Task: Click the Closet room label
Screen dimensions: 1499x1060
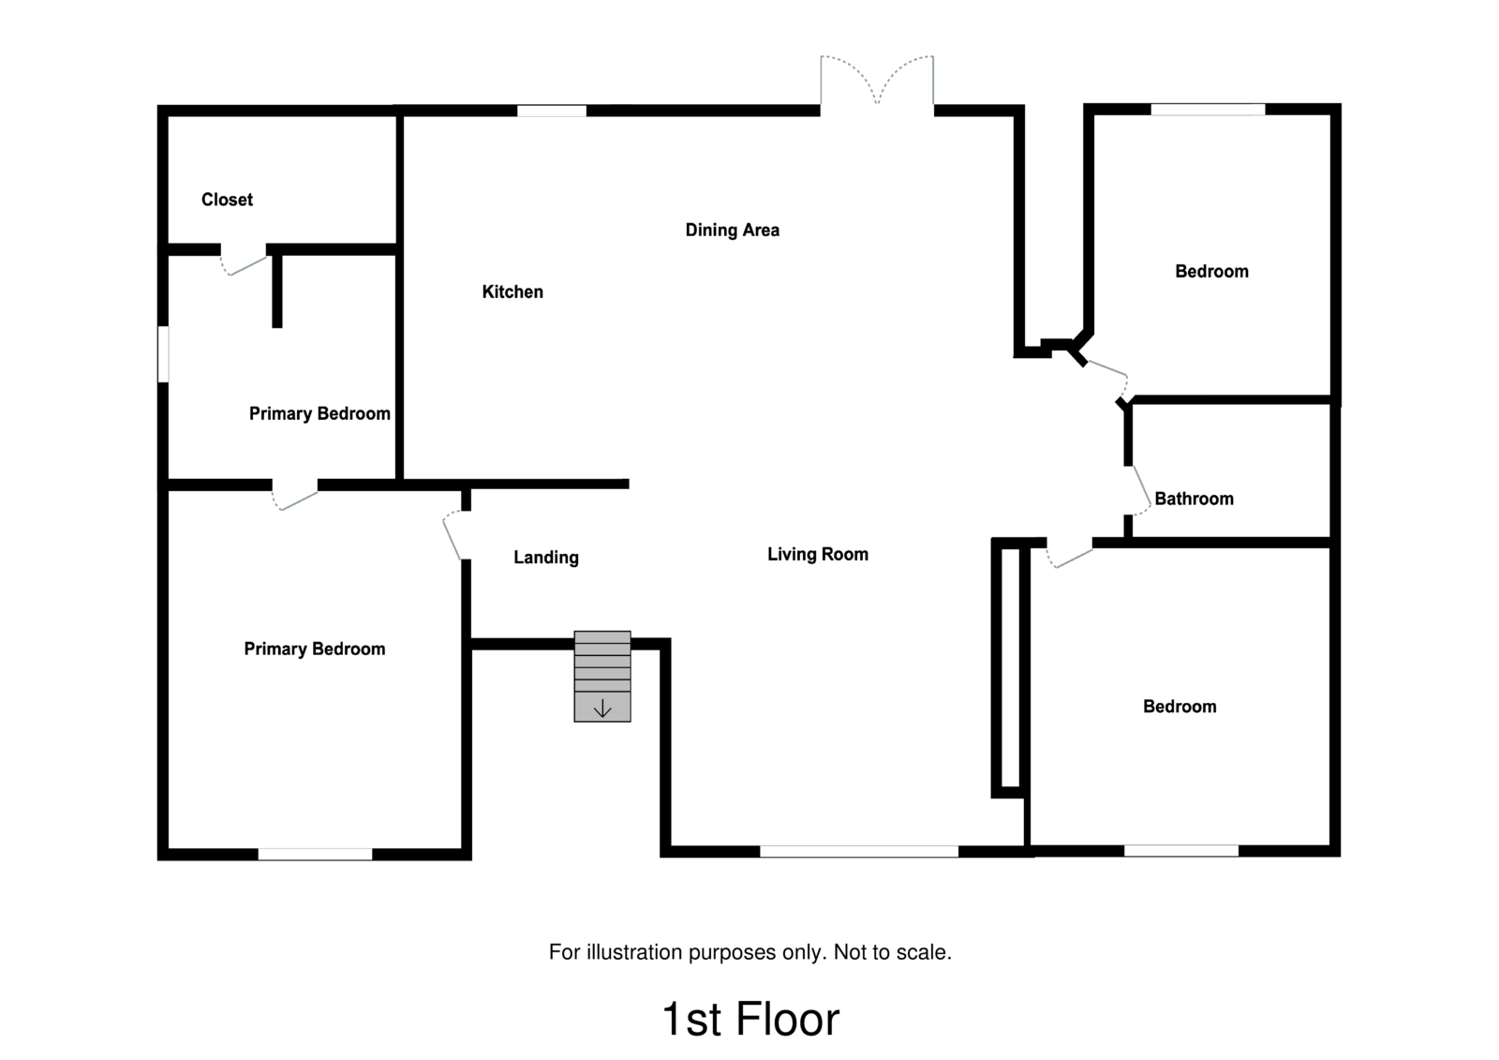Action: (227, 199)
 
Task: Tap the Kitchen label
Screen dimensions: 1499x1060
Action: (512, 291)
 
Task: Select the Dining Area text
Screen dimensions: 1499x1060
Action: (732, 230)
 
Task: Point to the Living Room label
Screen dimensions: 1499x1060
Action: (817, 554)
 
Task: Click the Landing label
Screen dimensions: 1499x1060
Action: (545, 558)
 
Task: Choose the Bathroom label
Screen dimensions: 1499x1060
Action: (1193, 499)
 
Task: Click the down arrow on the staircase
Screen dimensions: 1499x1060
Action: (601, 709)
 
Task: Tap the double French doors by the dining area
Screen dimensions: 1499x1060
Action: (877, 82)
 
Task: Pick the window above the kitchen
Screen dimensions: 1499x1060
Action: (551, 111)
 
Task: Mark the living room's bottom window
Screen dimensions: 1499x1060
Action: (858, 851)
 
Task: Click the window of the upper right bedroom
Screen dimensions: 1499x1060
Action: (1207, 110)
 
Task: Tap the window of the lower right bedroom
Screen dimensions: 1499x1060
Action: (1180, 850)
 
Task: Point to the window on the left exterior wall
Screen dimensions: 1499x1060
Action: (163, 353)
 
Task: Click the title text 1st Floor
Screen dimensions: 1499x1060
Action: (749, 1019)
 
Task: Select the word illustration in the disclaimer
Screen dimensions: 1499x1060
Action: (634, 952)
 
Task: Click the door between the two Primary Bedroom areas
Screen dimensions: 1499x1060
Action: (295, 497)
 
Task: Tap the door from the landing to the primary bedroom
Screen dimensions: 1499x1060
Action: (453, 535)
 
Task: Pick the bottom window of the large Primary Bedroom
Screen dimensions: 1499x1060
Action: (315, 854)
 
